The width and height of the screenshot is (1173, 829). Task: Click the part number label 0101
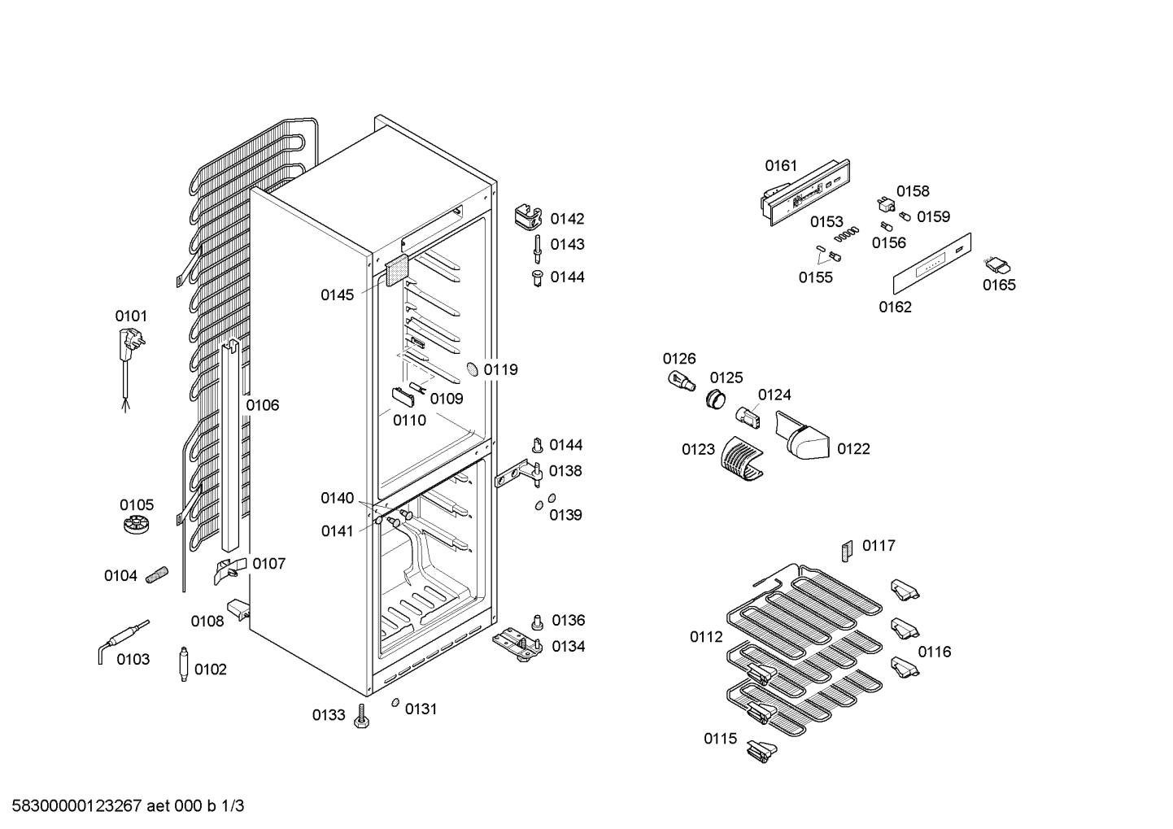131,316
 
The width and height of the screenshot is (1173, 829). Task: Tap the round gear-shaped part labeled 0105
137,524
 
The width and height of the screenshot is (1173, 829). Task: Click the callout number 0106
263,405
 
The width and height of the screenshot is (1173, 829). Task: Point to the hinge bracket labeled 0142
528,216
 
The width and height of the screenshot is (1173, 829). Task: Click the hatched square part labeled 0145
397,271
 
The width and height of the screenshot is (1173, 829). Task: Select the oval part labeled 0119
472,369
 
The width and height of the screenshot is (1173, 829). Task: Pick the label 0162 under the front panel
895,307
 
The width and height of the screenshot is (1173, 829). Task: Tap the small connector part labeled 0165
997,266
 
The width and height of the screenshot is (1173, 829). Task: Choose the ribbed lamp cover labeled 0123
742,459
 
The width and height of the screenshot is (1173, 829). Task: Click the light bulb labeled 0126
682,382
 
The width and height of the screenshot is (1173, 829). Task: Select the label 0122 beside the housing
853,449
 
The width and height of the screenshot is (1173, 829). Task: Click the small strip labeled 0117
847,552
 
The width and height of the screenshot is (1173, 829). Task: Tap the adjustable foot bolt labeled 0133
361,717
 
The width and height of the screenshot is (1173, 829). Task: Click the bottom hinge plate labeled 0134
517,644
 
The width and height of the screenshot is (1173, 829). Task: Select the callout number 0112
706,637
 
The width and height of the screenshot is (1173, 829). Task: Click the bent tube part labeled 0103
123,642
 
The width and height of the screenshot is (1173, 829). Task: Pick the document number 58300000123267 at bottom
76,806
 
